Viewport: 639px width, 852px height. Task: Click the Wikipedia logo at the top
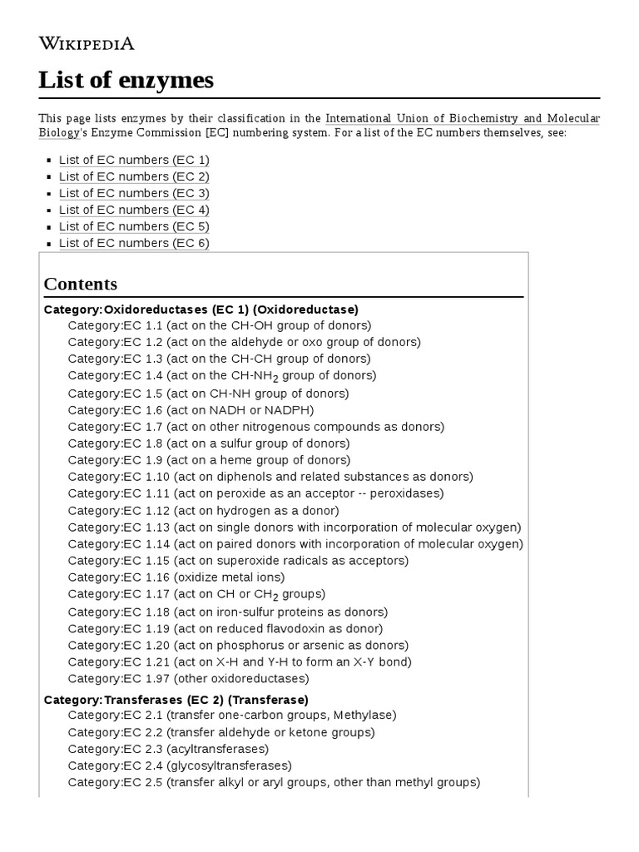coord(87,43)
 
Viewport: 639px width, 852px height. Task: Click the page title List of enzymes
coord(126,80)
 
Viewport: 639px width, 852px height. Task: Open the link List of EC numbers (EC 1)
coord(134,160)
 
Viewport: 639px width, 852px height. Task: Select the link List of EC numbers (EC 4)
coord(134,210)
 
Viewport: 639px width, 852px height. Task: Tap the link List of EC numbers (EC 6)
coord(134,243)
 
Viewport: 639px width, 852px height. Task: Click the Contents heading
coord(81,284)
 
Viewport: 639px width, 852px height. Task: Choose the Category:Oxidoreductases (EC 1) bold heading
coord(201,310)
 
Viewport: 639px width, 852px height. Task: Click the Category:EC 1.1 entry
coord(220,325)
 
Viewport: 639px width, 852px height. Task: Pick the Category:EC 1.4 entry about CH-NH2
coord(222,376)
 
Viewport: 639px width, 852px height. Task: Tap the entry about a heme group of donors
coord(209,460)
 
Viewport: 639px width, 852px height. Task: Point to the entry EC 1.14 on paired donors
coord(295,544)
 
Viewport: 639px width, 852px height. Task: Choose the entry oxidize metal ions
coord(176,577)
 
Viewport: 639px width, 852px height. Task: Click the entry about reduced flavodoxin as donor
coord(225,629)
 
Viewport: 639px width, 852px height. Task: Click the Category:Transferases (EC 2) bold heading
coord(176,700)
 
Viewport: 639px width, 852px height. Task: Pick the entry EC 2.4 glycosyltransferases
coord(180,765)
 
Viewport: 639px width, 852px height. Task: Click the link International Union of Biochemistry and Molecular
coord(462,119)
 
